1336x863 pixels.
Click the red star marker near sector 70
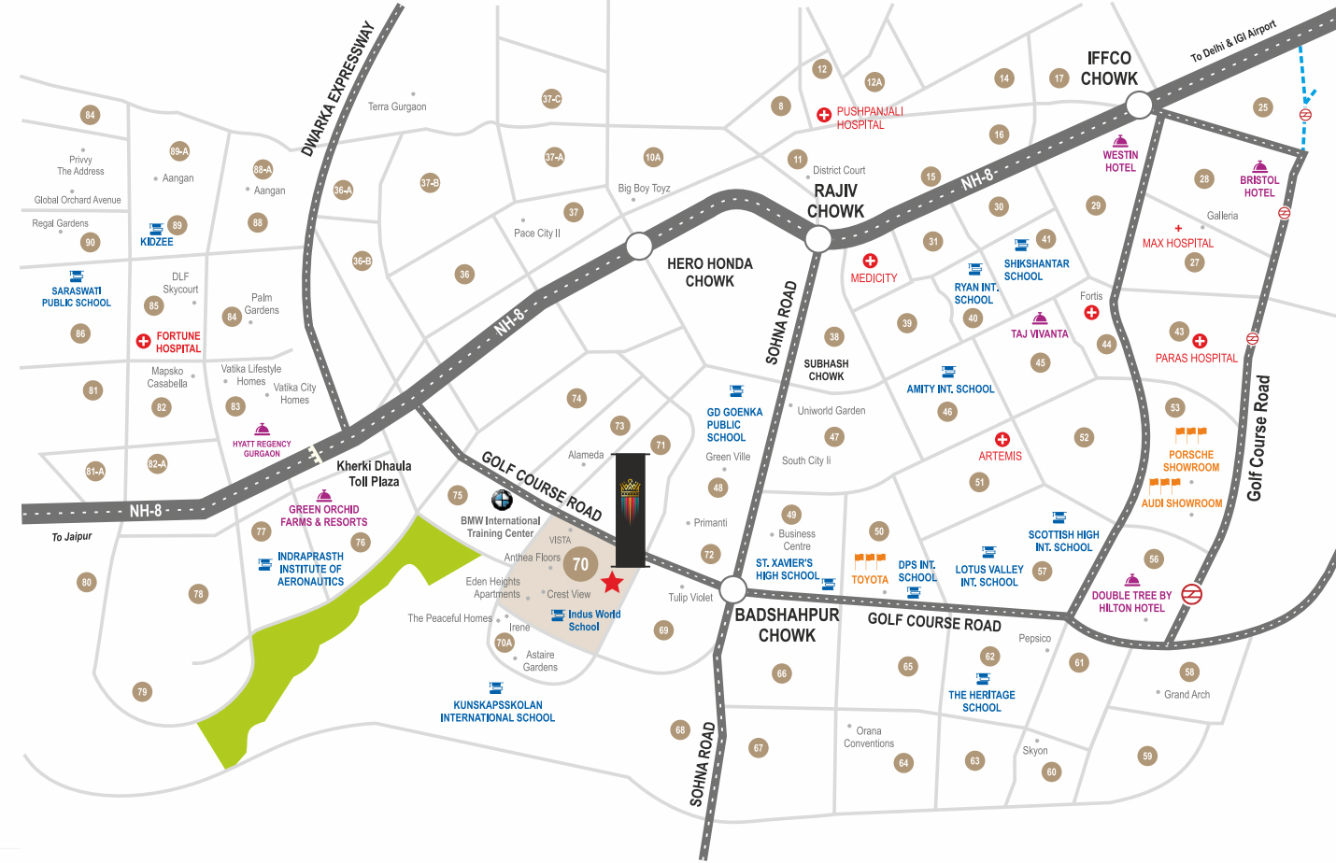(612, 583)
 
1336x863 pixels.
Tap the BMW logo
(502, 500)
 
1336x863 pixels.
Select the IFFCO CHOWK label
(1109, 69)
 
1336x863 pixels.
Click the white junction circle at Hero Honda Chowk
(639, 247)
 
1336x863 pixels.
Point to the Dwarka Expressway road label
(338, 89)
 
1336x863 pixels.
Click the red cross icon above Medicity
(870, 261)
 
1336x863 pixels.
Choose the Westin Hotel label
(1120, 162)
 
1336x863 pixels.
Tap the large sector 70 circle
(580, 564)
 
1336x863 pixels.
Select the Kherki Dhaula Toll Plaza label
(374, 474)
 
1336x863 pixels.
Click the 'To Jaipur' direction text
(72, 537)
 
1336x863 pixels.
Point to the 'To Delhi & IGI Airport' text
(1232, 42)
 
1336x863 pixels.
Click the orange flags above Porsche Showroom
(1190, 434)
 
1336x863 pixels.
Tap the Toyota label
(869, 580)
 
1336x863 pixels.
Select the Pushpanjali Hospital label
(869, 118)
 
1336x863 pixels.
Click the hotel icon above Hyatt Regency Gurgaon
(263, 429)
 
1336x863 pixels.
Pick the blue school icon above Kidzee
(157, 228)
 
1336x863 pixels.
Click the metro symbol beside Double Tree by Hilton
(1191, 594)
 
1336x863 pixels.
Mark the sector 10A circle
(653, 157)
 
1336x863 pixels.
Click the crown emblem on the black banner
(631, 488)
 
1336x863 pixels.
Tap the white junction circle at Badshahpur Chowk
(733, 589)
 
